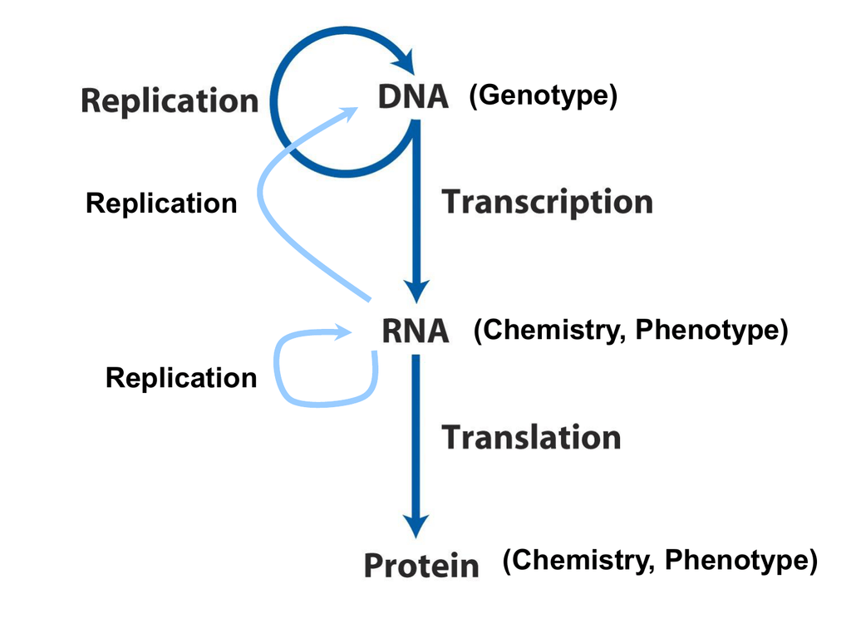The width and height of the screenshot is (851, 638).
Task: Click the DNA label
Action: (413, 97)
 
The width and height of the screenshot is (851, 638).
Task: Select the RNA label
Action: (416, 331)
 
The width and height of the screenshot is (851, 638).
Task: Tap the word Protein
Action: (421, 565)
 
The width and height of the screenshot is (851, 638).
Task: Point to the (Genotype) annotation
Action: (544, 96)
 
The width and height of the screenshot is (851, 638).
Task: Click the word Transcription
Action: (547, 203)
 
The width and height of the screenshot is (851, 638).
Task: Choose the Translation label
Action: (531, 437)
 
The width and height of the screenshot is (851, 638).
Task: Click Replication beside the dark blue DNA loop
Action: (170, 101)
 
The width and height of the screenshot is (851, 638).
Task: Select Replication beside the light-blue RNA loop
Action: (181, 378)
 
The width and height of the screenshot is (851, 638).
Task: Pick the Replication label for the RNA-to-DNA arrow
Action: (161, 204)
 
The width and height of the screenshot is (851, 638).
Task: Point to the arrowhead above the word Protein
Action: (416, 525)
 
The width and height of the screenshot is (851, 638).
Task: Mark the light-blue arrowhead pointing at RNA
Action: (343, 332)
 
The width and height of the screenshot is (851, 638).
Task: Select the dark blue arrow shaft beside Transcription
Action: (416, 201)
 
